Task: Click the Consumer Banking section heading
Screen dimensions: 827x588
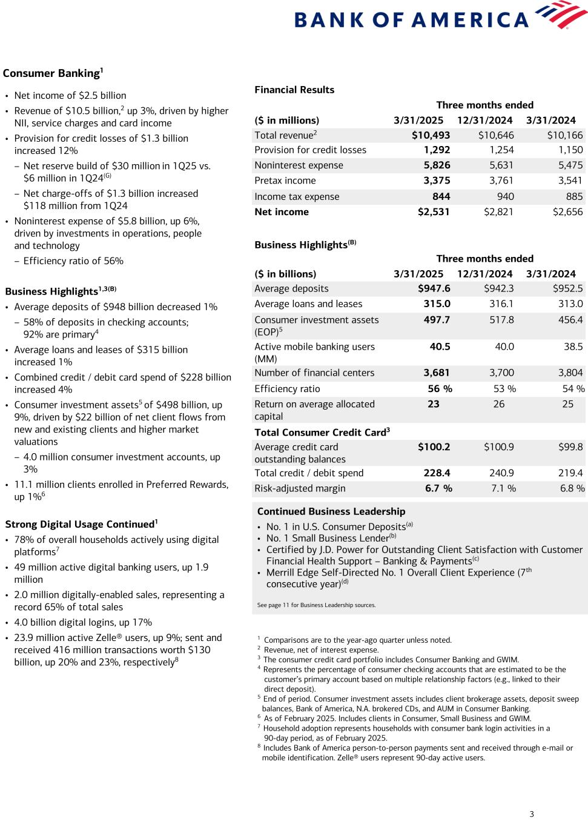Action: [x=52, y=73]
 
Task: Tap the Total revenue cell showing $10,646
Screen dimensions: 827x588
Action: [x=496, y=135]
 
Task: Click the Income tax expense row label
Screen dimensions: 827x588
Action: [x=297, y=197]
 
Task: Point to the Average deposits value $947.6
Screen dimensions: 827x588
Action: [x=434, y=289]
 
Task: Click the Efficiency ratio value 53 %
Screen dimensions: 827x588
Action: [x=504, y=389]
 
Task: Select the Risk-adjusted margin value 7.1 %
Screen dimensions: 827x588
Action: [x=503, y=488]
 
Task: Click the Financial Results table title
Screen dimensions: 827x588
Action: [x=294, y=90]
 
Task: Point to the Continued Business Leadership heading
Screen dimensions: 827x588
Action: [x=331, y=511]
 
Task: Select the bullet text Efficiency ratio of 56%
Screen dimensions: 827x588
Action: [x=73, y=261]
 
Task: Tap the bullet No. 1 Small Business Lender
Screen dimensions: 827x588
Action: [x=331, y=538]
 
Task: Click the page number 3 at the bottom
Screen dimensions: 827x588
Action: [x=532, y=814]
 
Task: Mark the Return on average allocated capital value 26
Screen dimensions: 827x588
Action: [x=498, y=404]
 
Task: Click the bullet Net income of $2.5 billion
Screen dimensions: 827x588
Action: [x=70, y=96]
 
